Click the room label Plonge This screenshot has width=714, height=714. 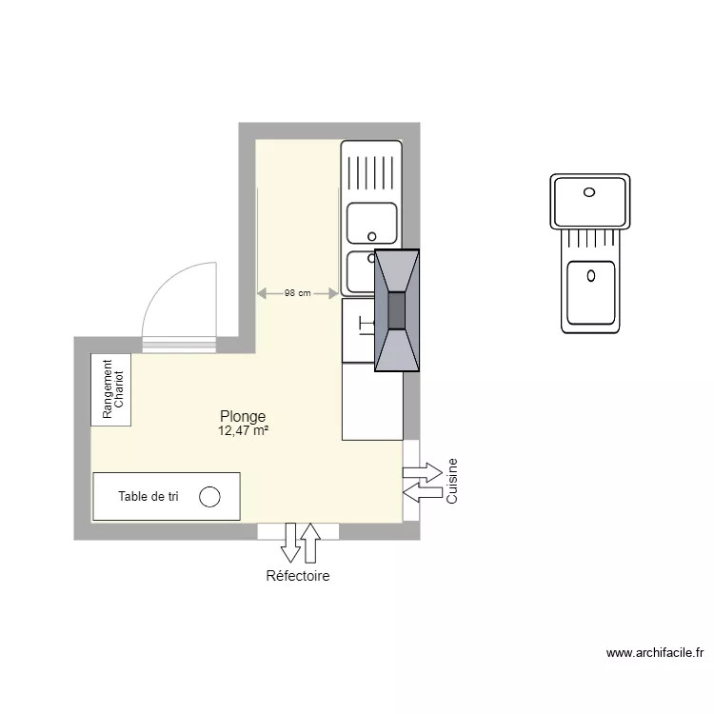click(x=242, y=416)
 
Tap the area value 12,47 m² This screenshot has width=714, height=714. click(x=242, y=430)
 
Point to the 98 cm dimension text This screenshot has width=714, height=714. click(x=297, y=293)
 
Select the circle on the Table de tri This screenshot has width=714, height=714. click(x=209, y=497)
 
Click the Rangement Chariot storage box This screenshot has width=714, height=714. click(x=111, y=389)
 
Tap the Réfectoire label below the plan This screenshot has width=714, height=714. click(x=298, y=576)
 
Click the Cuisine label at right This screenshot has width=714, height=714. click(x=453, y=482)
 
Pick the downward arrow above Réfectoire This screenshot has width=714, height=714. click(x=290, y=542)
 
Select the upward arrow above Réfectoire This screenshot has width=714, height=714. click(x=309, y=541)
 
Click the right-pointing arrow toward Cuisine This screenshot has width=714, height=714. click(x=423, y=471)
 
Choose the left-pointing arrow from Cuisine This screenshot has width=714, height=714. click(x=422, y=490)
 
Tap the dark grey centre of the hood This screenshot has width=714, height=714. click(x=396, y=309)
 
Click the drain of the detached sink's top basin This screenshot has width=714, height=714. click(x=589, y=191)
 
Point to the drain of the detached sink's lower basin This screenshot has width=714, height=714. click(x=591, y=277)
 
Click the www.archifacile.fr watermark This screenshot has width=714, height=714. click(x=654, y=653)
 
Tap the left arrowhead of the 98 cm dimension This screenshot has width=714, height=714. click(x=263, y=293)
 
